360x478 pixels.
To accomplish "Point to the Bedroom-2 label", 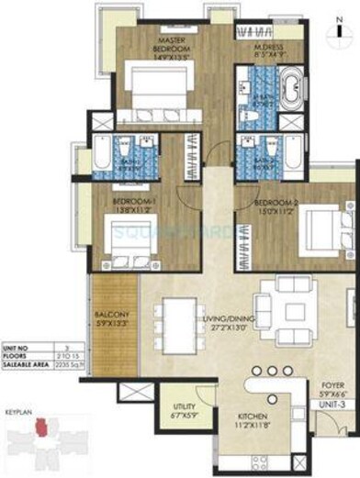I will (269, 206).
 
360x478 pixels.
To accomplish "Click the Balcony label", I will (113, 320).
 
